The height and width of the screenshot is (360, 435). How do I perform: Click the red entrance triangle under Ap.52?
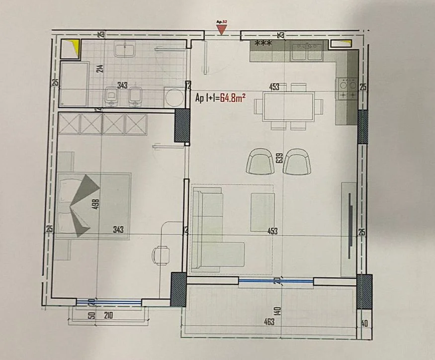coord(222,30)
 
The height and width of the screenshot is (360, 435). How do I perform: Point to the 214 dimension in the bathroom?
coord(99,69)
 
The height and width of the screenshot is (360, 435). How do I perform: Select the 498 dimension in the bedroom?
coord(97,204)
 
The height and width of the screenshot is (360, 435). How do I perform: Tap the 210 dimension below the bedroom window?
coord(109,315)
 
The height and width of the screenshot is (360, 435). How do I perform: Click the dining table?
coord(284,106)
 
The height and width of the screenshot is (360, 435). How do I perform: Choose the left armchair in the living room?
coord(261,162)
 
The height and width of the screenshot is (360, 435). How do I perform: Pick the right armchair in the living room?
coord(297,162)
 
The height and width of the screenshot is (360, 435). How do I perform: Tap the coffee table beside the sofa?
coord(262,212)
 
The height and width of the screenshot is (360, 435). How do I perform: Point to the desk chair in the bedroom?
coord(160,255)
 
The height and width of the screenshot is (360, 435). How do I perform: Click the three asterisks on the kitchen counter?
coord(263,44)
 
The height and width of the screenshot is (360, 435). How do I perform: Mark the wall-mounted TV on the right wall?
coord(350,224)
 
